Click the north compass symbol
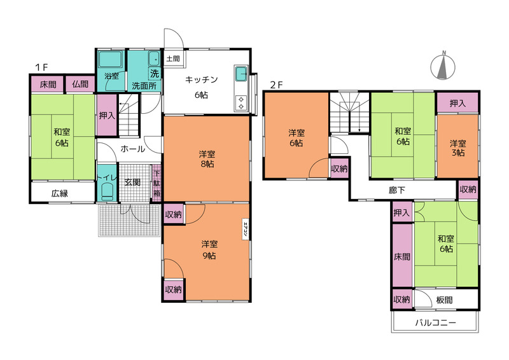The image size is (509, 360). pos(443,66)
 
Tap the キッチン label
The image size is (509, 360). pos(201,80)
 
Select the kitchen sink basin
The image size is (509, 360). pos(241,74)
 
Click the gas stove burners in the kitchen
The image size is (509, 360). pos(241,103)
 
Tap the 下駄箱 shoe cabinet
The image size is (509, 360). pos(157,183)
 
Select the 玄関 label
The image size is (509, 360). pos(132,182)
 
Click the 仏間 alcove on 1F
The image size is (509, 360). pos(80,84)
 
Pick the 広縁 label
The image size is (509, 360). pos(60,194)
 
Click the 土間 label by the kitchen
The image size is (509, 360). pos(173,59)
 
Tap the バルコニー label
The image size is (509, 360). pos(436,322)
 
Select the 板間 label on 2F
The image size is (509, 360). pos(444,300)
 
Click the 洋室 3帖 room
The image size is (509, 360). pos(457,146)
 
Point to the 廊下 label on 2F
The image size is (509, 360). pos(396,190)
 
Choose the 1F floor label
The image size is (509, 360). pos(41,67)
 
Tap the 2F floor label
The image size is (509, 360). pos(277,85)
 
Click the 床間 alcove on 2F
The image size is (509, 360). pos(402,256)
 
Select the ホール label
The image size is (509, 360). pos(132,149)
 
